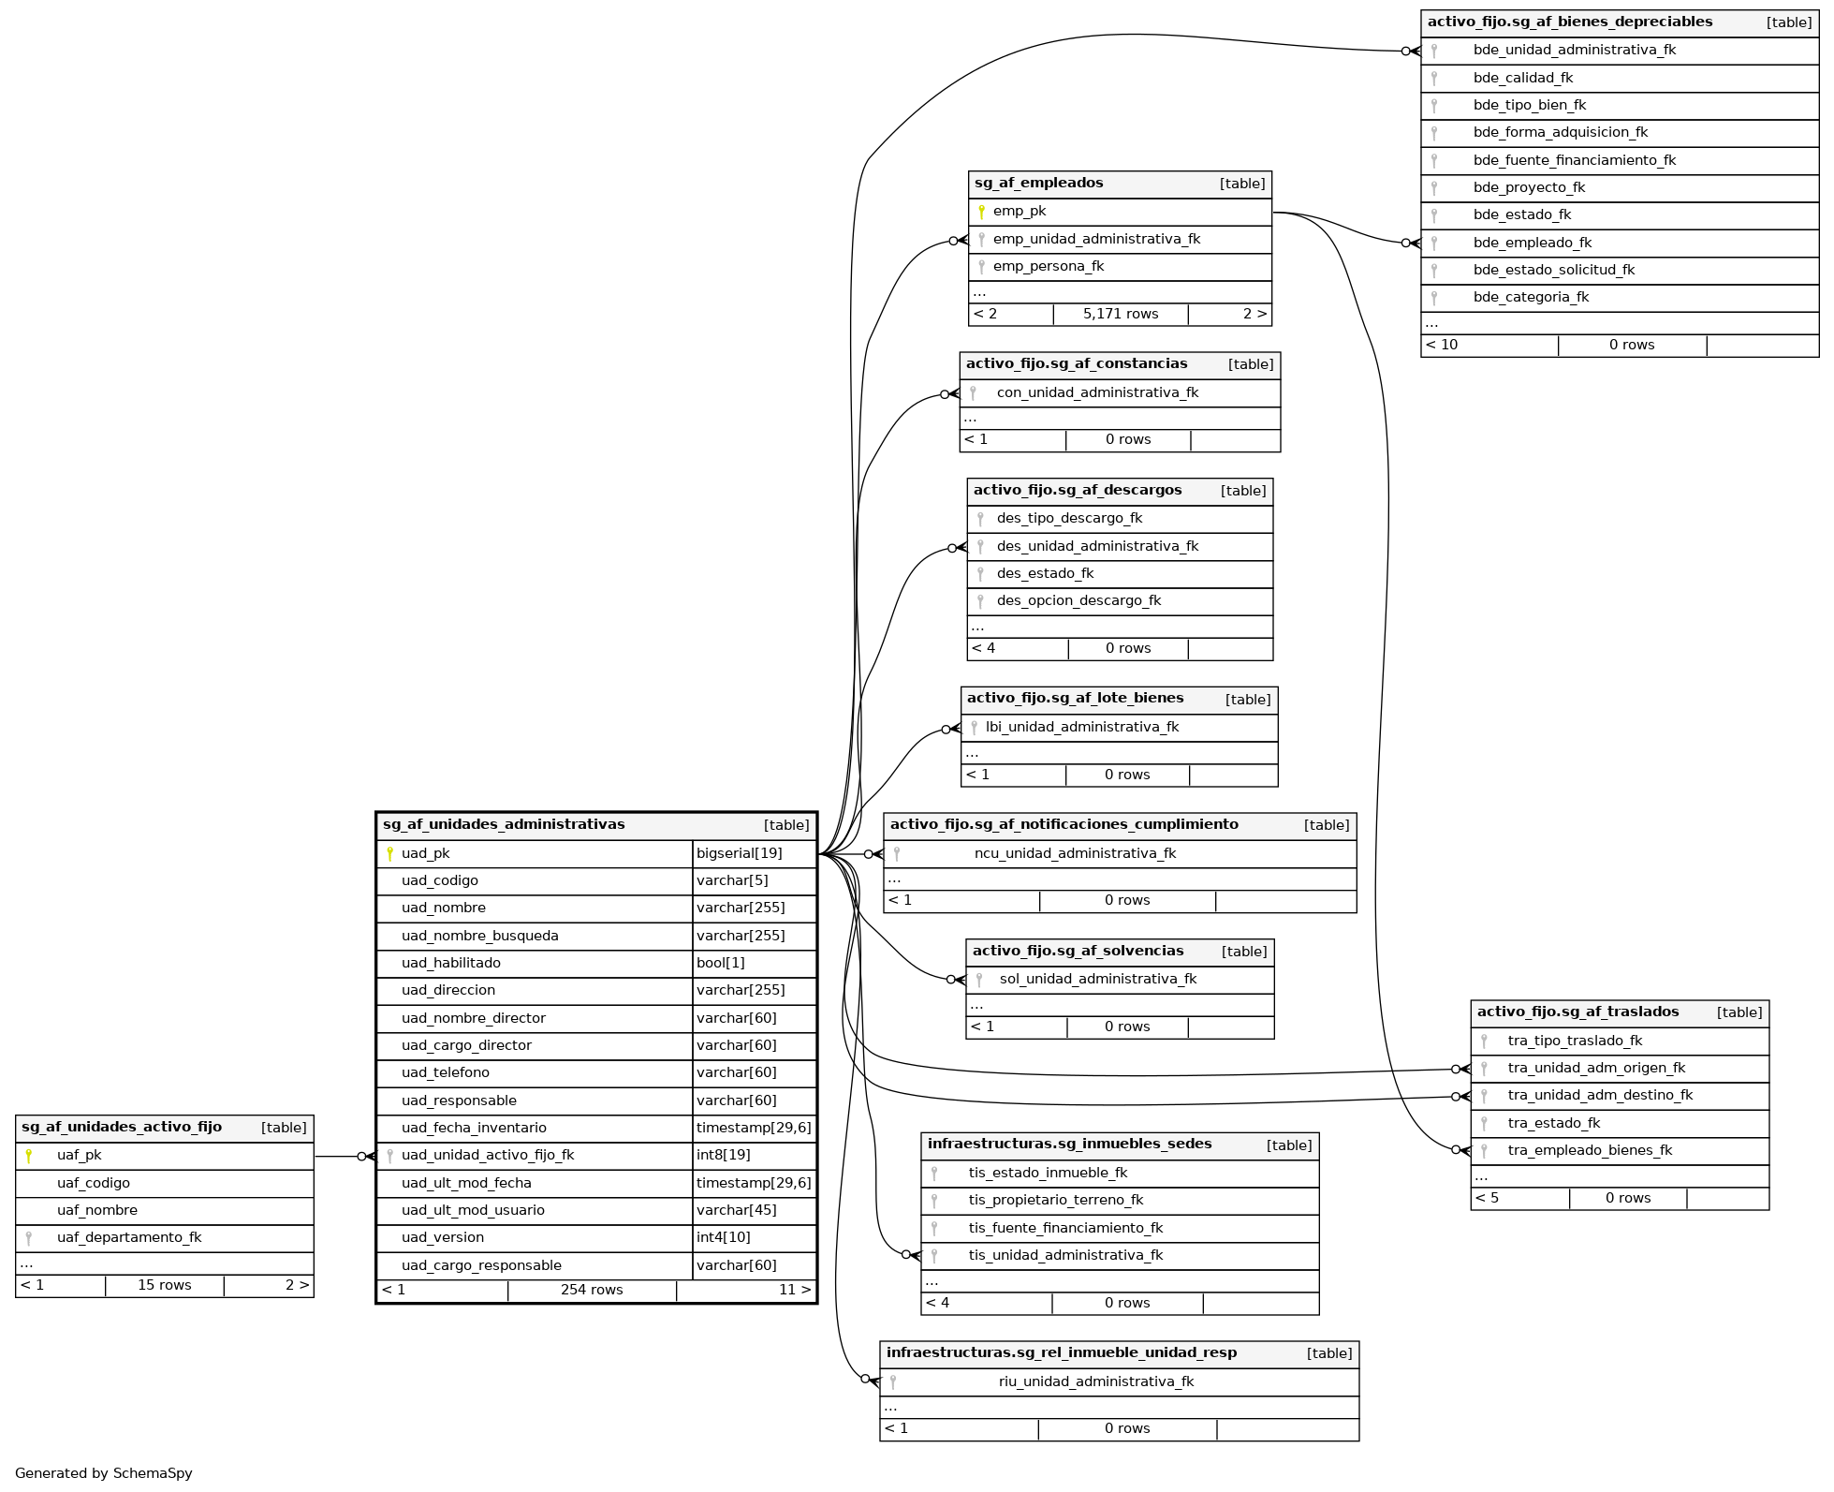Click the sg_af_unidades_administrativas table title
pos(504,825)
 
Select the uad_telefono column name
pos(446,1073)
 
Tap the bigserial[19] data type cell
pos(740,853)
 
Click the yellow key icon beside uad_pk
pos(389,853)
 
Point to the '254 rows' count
pos(592,1291)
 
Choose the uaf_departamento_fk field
pos(129,1238)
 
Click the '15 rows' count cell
pos(165,1286)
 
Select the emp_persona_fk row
pos(1049,267)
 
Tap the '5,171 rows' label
pos(1121,315)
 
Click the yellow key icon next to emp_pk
pos(981,212)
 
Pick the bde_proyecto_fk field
pos(1529,188)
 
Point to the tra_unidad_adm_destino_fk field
pos(1600,1096)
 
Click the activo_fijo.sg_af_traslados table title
pos(1577,1012)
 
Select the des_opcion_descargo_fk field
pos(1078,601)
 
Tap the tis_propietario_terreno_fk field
pos(1056,1201)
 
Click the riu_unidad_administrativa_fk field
pos(1096,1382)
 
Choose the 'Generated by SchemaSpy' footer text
pos(104,1474)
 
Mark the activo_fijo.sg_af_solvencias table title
pos(1078,952)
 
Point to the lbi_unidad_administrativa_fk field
pos(1082,728)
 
